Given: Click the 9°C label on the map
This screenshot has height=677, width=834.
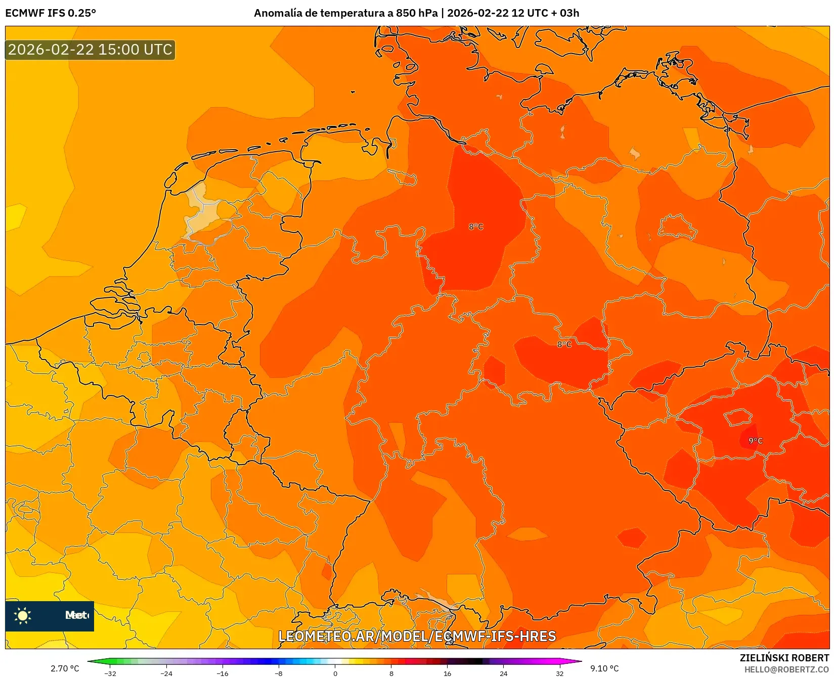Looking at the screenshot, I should tap(756, 441).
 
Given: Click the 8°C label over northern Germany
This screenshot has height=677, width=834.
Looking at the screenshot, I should tap(476, 227).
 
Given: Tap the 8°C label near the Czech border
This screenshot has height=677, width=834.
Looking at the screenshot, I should tap(564, 344).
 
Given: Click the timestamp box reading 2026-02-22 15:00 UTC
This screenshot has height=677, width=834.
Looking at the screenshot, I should tap(90, 50).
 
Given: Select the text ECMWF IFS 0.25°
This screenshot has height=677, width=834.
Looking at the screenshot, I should tap(51, 13).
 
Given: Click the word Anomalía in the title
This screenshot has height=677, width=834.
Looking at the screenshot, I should tap(278, 13).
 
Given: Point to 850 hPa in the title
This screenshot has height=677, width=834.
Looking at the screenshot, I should tap(417, 13).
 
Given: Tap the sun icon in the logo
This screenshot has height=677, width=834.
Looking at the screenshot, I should tap(23, 615).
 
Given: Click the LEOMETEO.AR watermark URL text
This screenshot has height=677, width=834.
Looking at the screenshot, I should tap(417, 636).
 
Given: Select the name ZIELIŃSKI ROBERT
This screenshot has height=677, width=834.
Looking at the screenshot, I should tap(784, 658).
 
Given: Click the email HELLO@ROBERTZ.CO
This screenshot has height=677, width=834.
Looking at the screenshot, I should tap(786, 669).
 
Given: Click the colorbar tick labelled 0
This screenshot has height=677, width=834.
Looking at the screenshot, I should tap(335, 673).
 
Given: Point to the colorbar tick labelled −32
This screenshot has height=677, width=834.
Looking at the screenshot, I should tap(110, 673).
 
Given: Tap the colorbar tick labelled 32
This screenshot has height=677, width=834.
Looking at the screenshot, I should tap(559, 673).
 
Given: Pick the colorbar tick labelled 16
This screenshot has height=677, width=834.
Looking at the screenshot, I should tap(447, 673).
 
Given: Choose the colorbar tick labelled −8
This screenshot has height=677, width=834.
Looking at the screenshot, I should tap(278, 673).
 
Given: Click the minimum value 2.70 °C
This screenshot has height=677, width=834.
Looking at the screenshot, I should tap(65, 668).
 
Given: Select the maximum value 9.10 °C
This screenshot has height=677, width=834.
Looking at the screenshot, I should tap(604, 668).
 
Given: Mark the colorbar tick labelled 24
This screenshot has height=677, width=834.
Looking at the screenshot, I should tap(503, 673).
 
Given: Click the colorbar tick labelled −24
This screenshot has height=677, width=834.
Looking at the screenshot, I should tap(166, 673).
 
